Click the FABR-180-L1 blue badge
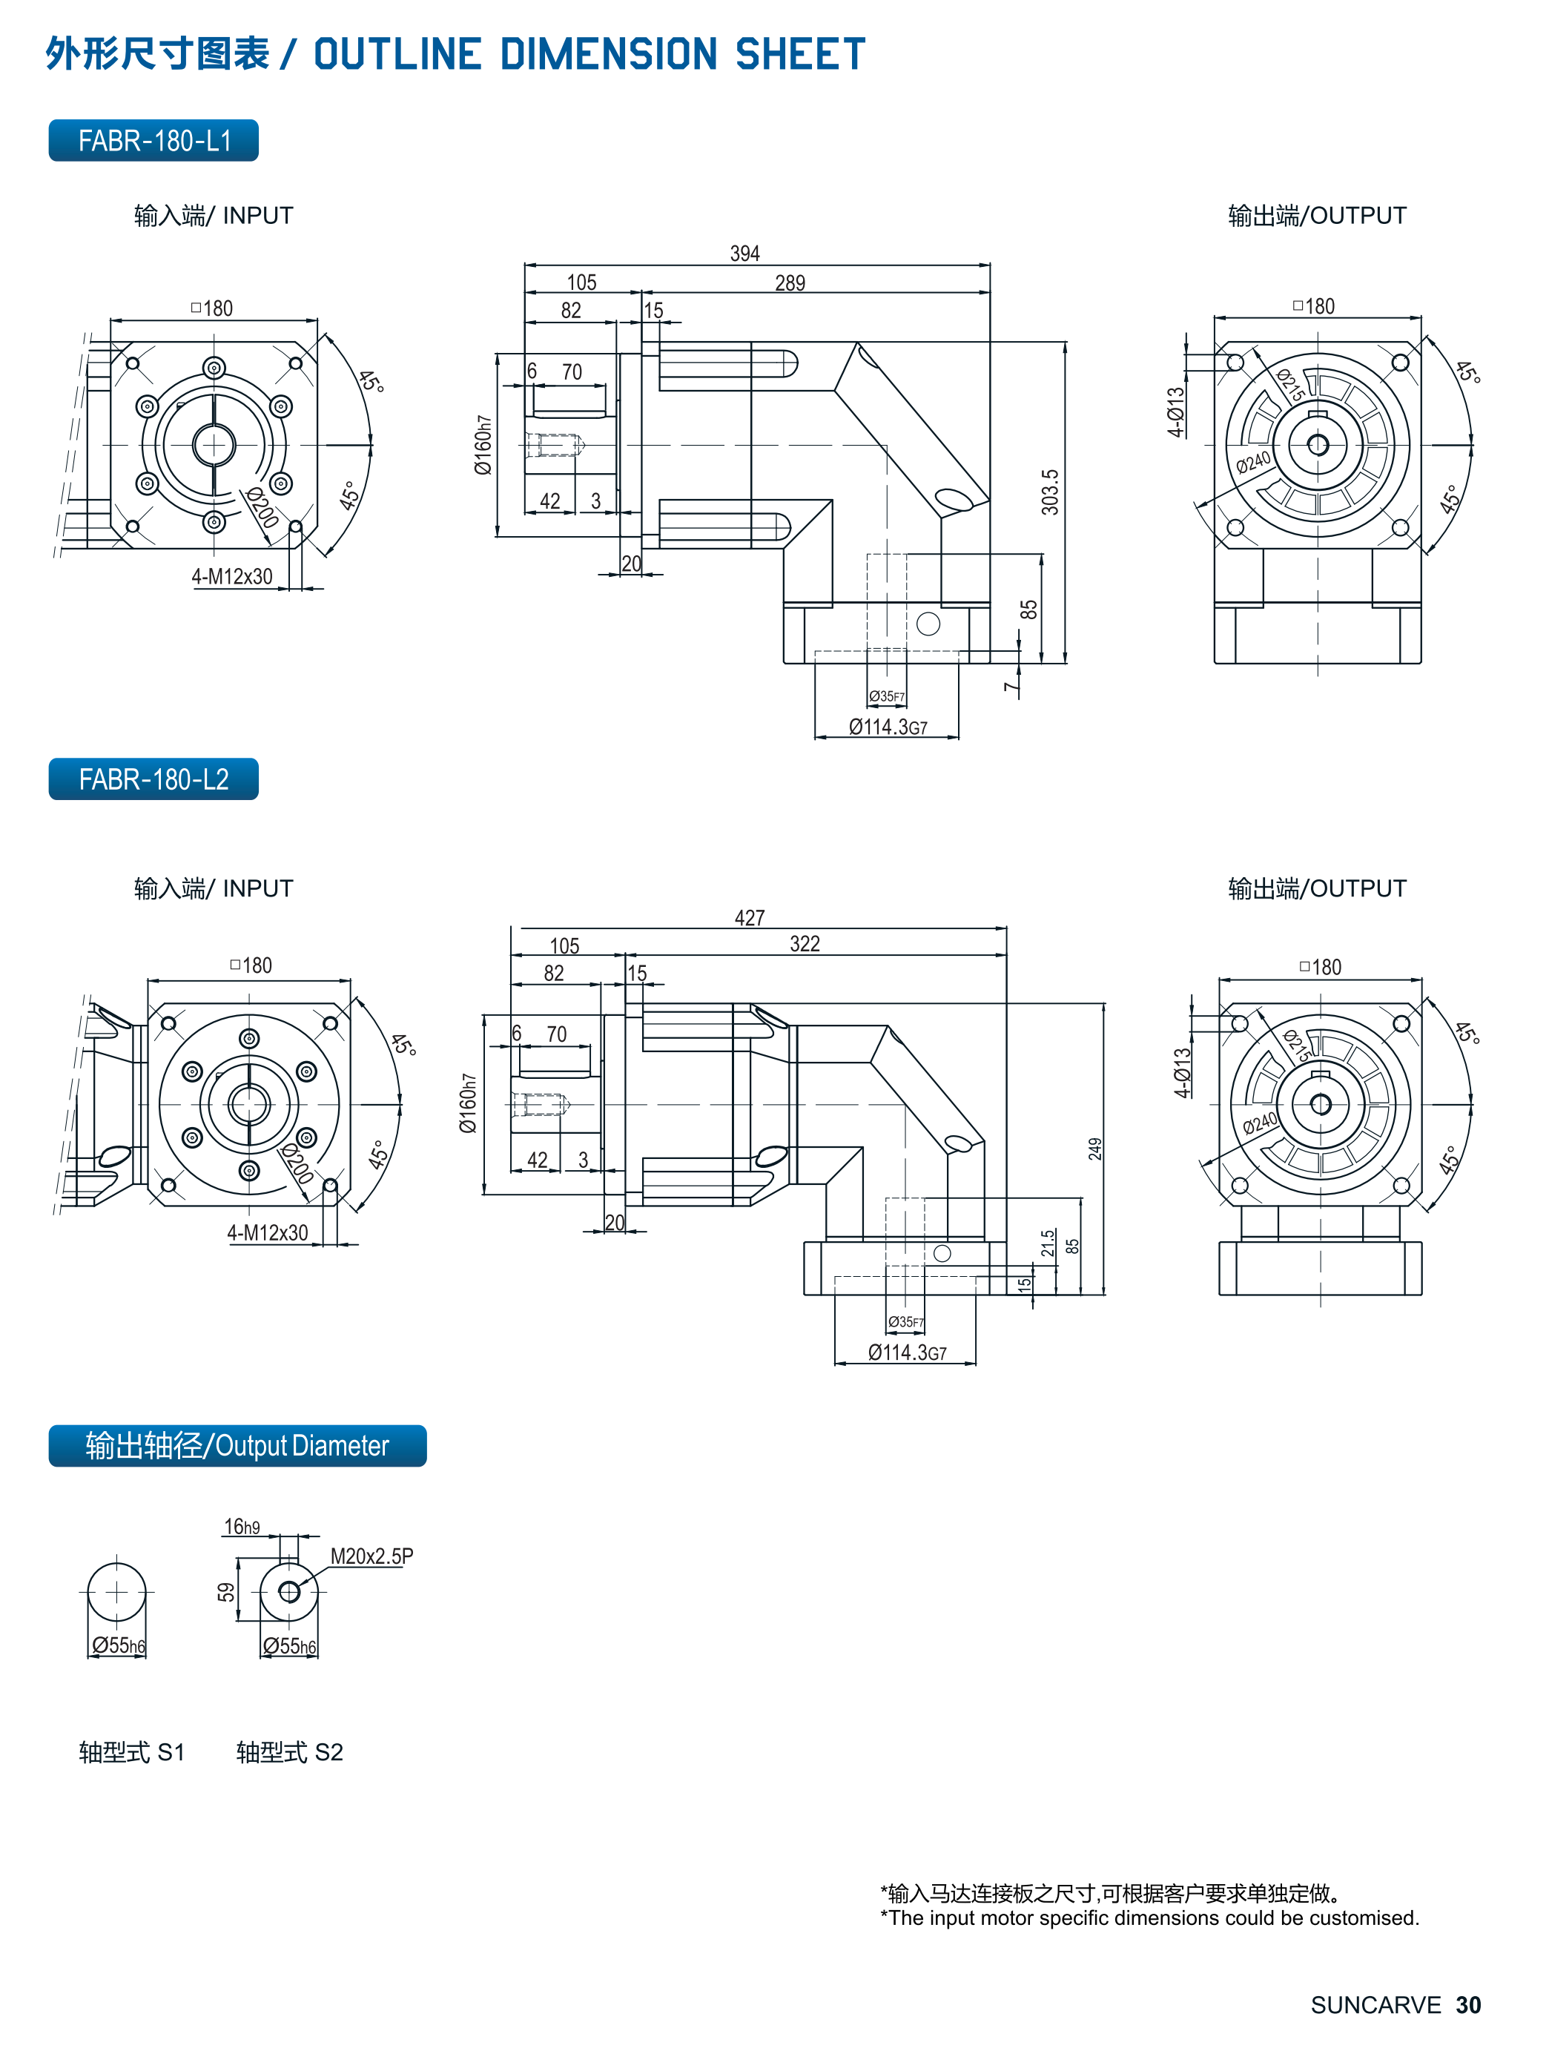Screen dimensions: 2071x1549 click(153, 140)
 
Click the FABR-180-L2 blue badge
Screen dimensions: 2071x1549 click(153, 779)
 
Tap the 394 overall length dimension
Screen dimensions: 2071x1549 click(744, 254)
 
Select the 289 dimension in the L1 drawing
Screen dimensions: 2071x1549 click(790, 283)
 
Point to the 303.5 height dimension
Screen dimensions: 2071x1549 click(1050, 492)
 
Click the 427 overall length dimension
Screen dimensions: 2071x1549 click(749, 917)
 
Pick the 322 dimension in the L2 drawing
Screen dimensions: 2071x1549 click(805, 944)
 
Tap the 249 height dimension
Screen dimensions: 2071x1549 click(1094, 1149)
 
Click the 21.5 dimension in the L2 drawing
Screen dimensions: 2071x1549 click(1048, 1243)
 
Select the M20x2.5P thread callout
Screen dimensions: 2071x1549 click(371, 1556)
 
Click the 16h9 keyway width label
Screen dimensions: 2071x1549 click(242, 1527)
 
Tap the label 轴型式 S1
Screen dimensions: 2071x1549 click(132, 1751)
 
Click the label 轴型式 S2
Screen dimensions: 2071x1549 click(289, 1751)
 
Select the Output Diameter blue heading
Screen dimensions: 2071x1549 click(237, 1446)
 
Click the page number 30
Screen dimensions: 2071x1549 click(1467, 2004)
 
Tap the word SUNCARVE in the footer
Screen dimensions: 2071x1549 click(1375, 2004)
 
